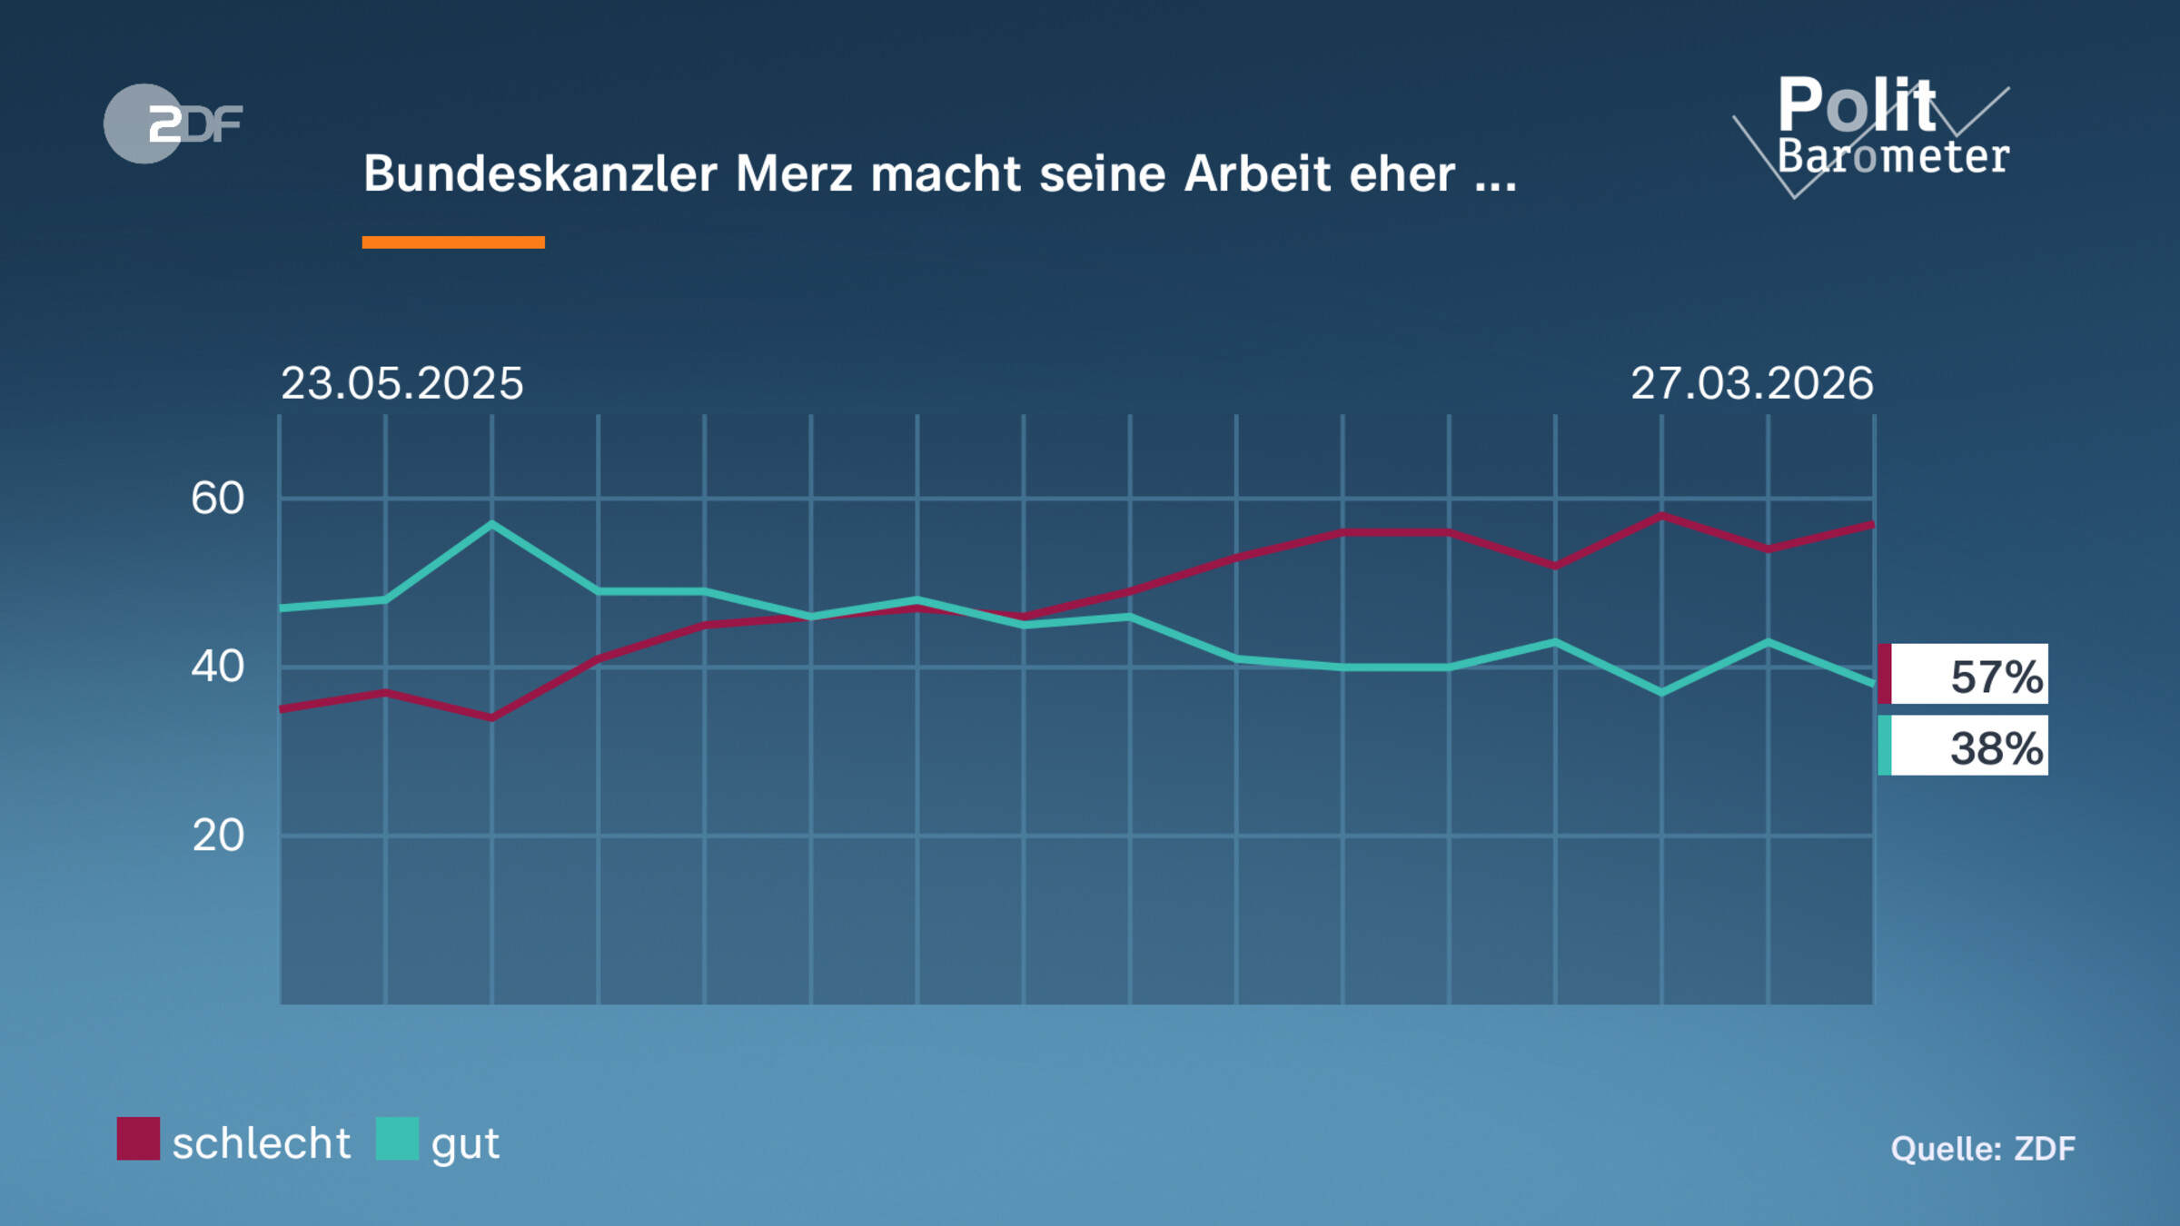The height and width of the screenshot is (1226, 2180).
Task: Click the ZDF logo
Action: click(173, 124)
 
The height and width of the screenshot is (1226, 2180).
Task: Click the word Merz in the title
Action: click(793, 173)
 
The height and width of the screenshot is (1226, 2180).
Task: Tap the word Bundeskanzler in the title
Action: click(540, 173)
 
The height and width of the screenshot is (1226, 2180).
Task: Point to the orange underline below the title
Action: click(453, 242)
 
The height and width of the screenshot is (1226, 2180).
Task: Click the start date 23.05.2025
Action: click(401, 383)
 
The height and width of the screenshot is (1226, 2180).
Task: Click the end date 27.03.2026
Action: click(1751, 383)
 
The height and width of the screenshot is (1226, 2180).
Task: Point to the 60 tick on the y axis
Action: click(218, 499)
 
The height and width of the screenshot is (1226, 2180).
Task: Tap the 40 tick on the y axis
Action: click(218, 667)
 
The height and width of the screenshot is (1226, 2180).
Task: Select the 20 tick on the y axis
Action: click(218, 835)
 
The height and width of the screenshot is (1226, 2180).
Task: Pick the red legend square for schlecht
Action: click(138, 1139)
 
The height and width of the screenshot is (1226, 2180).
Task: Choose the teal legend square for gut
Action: click(397, 1139)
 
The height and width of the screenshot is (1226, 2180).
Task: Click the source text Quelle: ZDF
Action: click(1983, 1149)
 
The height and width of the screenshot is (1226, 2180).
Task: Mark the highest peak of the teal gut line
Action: click(492, 524)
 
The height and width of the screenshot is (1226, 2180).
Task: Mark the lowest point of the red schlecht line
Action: click(492, 717)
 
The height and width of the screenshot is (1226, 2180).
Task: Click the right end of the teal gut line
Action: click(1871, 683)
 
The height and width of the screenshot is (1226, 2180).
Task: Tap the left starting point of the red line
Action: click(282, 708)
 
